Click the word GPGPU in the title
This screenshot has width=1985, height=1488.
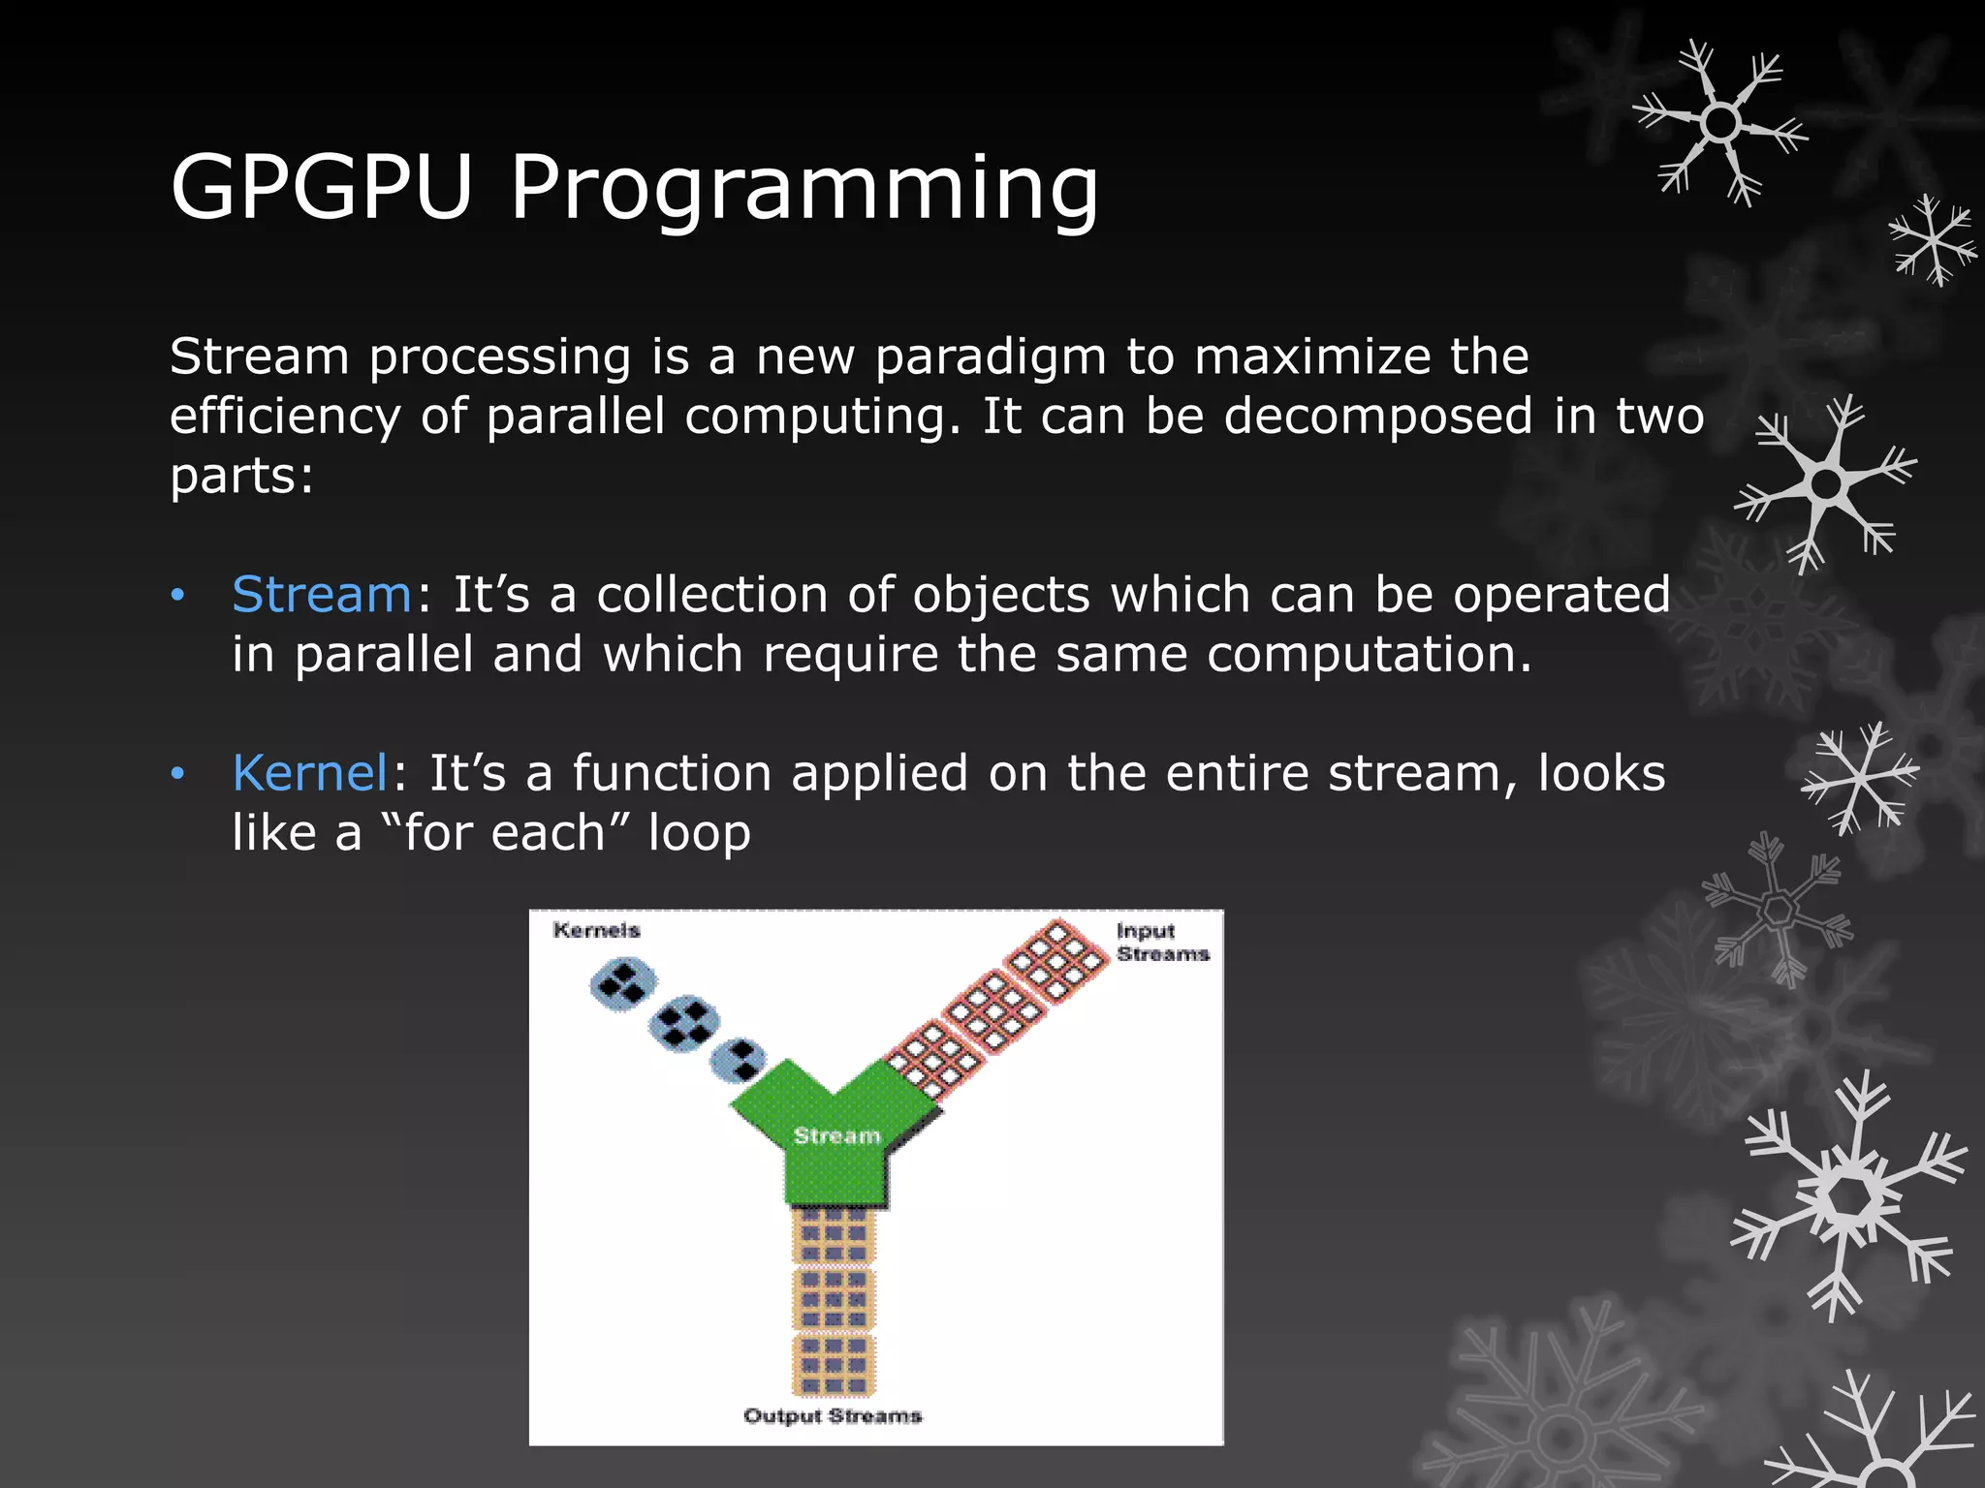(x=321, y=187)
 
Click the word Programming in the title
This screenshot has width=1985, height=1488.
(x=804, y=189)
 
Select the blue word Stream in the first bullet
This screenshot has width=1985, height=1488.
(x=322, y=594)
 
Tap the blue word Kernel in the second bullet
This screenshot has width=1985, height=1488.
(x=310, y=773)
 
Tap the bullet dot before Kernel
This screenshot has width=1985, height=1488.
(x=177, y=774)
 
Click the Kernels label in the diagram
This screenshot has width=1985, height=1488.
(x=596, y=931)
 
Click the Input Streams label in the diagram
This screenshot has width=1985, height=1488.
(x=1161, y=943)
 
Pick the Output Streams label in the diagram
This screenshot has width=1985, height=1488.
(x=833, y=1415)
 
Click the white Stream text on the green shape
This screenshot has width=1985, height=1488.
(x=836, y=1135)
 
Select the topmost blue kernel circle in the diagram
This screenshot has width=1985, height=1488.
(x=622, y=984)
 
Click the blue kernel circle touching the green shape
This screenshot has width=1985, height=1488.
(x=739, y=1060)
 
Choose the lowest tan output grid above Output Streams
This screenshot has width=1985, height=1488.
(x=834, y=1364)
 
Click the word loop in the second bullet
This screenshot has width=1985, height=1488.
(x=699, y=833)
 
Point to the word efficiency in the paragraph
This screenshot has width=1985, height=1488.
(x=285, y=418)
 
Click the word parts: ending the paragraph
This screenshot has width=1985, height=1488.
(x=241, y=477)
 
